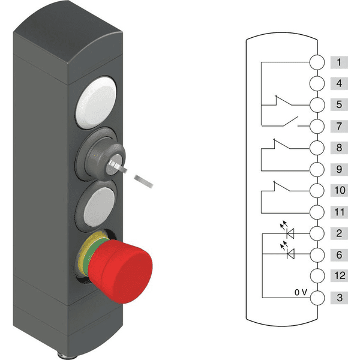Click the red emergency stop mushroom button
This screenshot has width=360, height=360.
tap(121, 271)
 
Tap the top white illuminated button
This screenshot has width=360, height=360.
tap(97, 103)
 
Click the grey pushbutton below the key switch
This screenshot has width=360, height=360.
tap(99, 206)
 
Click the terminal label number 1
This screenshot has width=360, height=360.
tap(339, 62)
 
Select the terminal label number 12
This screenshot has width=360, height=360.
tap(339, 275)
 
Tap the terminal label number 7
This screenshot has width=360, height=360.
tap(339, 126)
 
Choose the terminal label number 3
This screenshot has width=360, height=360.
tap(339, 298)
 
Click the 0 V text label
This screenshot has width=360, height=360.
tap(301, 292)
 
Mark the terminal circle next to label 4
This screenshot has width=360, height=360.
tap(317, 83)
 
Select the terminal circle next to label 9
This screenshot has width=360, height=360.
tap(317, 169)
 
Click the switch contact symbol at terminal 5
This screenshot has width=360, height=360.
tap(283, 101)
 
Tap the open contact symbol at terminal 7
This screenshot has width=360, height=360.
tap(290, 121)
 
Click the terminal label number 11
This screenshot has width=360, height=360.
tap(339, 212)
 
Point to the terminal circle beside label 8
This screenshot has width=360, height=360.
tap(317, 148)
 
